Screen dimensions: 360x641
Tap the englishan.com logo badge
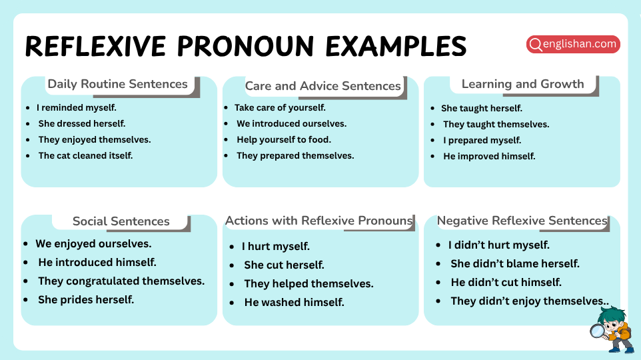573,45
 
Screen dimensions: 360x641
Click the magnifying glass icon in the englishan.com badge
535,45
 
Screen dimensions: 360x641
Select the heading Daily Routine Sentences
117,84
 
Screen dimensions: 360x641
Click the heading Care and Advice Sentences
322,86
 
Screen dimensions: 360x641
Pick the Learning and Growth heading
522,84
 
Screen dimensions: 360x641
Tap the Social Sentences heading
121,221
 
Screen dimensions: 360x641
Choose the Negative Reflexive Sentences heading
522,221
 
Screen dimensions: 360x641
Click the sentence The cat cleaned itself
85,155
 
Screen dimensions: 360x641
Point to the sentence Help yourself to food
283,139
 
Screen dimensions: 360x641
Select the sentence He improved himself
489,156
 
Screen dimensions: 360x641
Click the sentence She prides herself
86,299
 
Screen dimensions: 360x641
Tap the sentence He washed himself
294,302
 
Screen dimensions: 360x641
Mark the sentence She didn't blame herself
514,263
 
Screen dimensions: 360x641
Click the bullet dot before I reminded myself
28,107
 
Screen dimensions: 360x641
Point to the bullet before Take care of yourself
227,107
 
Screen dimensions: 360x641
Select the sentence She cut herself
284,265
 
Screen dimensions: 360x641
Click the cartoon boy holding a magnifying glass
612,329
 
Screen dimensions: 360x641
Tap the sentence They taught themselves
496,124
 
